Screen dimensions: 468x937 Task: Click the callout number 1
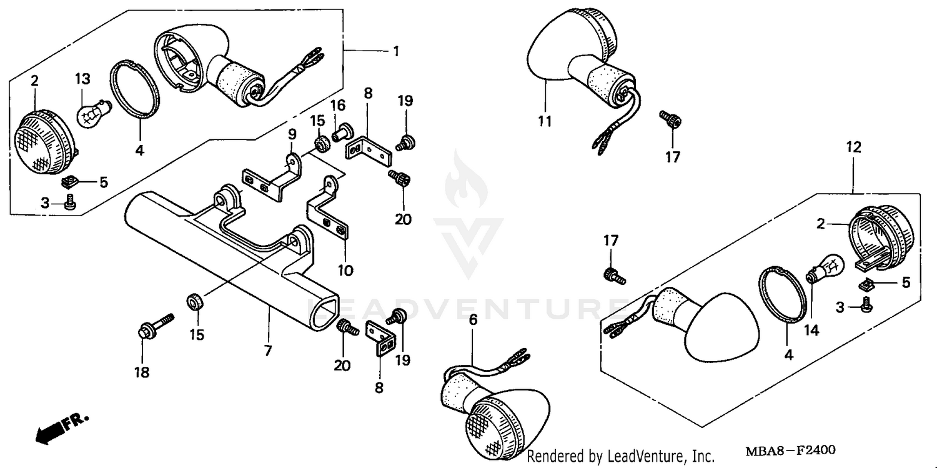pyautogui.click(x=395, y=51)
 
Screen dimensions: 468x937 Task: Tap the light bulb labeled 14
pyautogui.click(x=826, y=269)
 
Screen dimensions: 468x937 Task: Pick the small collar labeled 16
pyautogui.click(x=342, y=131)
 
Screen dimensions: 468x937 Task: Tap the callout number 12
pyautogui.click(x=853, y=147)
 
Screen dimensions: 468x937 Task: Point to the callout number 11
pyautogui.click(x=545, y=121)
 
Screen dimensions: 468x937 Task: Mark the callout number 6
pyautogui.click(x=473, y=319)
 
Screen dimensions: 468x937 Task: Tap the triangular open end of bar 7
pyautogui.click(x=325, y=311)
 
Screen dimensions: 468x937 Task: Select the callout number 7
pyautogui.click(x=268, y=351)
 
